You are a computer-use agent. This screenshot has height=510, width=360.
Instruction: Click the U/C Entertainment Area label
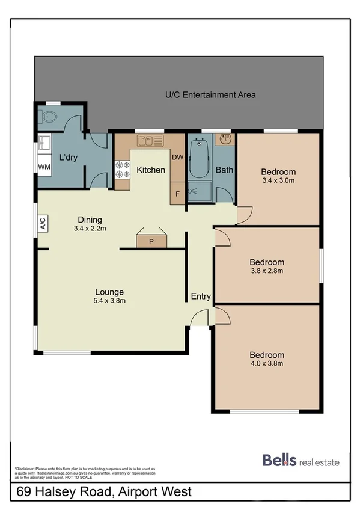[x=210, y=94]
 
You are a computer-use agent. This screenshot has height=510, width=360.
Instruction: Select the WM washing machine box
[x=44, y=166]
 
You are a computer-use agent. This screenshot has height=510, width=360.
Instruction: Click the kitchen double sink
[x=150, y=141]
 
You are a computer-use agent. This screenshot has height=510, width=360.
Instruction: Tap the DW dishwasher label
[x=177, y=158]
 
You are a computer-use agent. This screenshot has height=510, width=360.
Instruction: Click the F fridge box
[x=177, y=194]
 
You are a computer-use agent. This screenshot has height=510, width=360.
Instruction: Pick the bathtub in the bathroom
[x=198, y=159]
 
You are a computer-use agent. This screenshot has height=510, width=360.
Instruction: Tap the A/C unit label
[x=43, y=225]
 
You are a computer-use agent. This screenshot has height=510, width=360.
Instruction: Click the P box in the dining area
[x=151, y=242]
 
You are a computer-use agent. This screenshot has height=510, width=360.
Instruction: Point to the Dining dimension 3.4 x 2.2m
[x=89, y=229]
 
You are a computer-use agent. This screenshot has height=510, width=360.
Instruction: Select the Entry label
[x=201, y=296]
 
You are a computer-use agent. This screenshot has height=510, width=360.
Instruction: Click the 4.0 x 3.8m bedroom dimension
[x=267, y=363]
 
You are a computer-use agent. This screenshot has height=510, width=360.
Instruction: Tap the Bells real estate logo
[x=301, y=461]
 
